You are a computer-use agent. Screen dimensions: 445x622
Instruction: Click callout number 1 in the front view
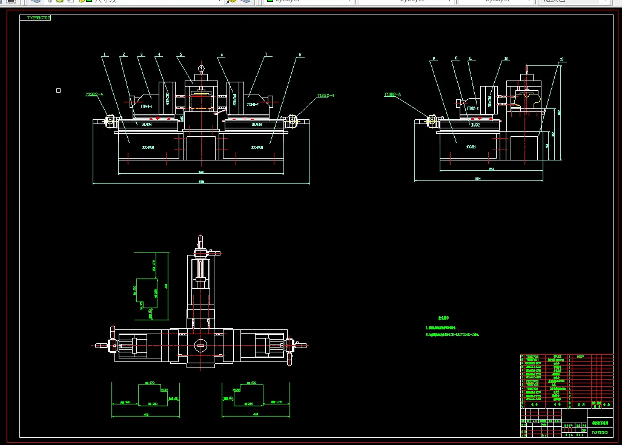tap(104, 55)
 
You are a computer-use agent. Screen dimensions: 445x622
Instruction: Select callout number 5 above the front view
tap(180, 55)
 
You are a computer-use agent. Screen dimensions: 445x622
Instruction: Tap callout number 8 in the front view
tap(299, 55)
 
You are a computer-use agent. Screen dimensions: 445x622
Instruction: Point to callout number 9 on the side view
tap(434, 59)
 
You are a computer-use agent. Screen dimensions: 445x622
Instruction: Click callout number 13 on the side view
tap(562, 59)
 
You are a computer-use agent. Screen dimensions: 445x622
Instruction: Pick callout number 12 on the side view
tap(506, 59)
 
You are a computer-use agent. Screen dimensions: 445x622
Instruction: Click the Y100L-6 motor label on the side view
tap(393, 94)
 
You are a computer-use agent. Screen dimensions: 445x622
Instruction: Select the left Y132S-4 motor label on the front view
tap(94, 94)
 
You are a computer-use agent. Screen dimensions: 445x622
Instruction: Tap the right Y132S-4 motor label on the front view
tap(325, 96)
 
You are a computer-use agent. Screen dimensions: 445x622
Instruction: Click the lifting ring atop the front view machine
tap(200, 68)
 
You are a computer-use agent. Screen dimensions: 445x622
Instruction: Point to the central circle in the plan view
tap(200, 346)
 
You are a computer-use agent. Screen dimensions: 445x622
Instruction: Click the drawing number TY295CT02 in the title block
tap(601, 433)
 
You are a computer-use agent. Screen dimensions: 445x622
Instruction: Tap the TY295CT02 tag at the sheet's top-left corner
tap(39, 18)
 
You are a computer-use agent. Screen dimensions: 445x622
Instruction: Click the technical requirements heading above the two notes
tap(443, 317)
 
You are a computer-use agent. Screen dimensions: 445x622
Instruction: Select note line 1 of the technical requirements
tap(448, 327)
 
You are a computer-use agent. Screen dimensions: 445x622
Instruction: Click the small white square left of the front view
tap(58, 90)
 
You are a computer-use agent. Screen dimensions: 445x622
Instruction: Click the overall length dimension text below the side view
tap(478, 179)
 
